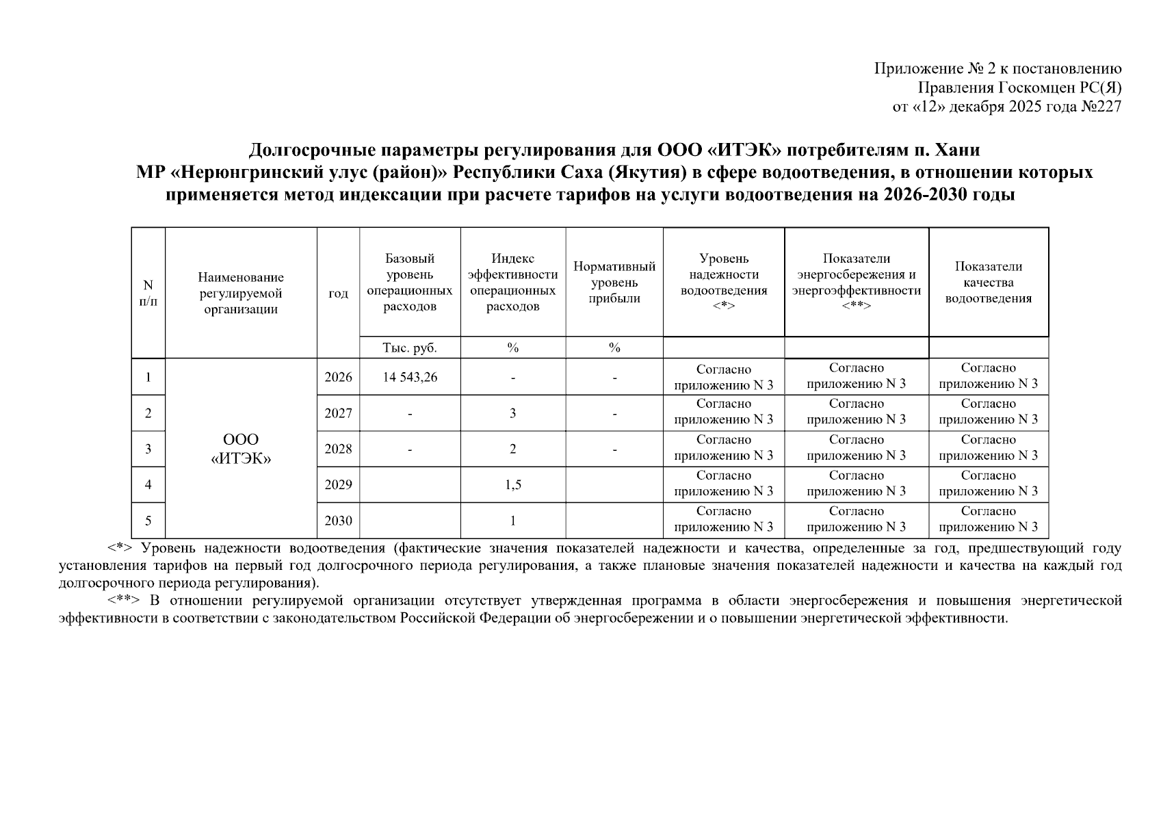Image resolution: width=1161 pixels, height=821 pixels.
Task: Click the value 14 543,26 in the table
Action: (x=410, y=377)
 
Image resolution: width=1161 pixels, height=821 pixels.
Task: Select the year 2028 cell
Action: (x=338, y=449)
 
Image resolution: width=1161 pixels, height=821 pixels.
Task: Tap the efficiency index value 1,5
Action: (x=512, y=484)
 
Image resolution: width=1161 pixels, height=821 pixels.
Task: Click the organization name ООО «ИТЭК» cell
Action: (x=241, y=449)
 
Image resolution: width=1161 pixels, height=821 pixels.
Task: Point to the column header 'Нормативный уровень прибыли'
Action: (x=614, y=282)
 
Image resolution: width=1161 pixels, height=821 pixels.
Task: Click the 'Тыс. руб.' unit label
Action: (x=410, y=348)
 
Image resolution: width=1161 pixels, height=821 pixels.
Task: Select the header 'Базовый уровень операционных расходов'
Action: (x=410, y=282)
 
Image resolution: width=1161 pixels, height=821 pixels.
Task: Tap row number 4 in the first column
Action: (x=148, y=484)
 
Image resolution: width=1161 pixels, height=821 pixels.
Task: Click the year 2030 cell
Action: (x=338, y=521)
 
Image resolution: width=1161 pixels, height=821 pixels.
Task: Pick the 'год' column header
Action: (x=338, y=294)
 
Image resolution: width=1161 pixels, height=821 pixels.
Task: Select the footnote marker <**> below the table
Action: (x=124, y=601)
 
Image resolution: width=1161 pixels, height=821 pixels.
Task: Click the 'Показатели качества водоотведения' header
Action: (x=988, y=282)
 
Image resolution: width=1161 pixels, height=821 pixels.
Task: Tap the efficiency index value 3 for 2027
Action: (x=512, y=413)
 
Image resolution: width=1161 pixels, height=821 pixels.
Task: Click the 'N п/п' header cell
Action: (x=148, y=294)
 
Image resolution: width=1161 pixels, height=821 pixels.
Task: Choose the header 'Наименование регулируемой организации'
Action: (x=241, y=294)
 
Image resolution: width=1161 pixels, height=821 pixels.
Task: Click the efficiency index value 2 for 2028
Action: (x=512, y=449)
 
